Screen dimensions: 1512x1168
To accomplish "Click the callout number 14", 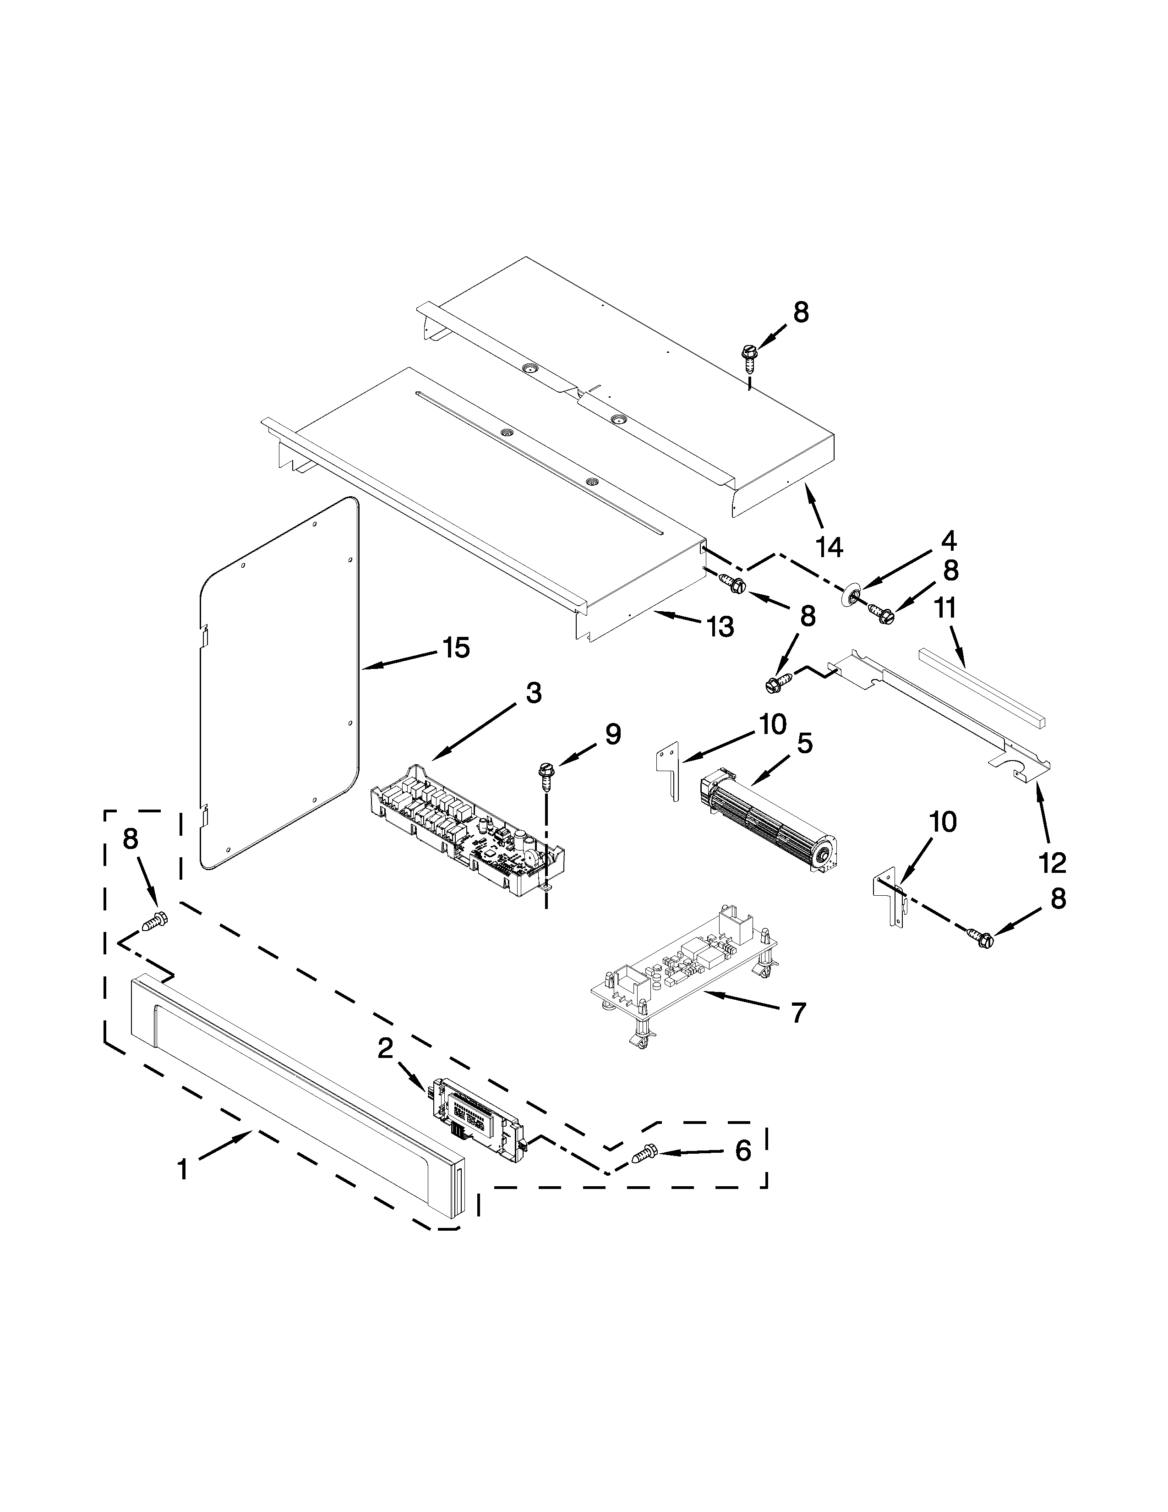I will pos(829,548).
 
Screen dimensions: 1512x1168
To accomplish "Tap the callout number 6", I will pos(742,1151).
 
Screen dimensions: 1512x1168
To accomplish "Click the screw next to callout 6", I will pos(644,1153).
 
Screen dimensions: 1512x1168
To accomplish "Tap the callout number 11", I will pos(945,608).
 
